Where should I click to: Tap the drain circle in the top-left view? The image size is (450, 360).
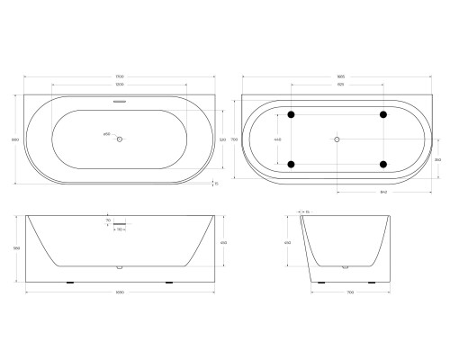120,139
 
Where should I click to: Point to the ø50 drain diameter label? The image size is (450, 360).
107,135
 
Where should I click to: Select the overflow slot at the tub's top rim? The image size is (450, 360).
120,102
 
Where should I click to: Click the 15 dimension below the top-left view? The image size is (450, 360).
216,184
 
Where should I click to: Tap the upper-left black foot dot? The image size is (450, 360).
291,114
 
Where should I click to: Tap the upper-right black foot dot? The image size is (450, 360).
384,114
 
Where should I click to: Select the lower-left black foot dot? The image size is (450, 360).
291,164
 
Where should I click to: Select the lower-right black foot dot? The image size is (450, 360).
384,164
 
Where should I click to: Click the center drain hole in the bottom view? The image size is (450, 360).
337,139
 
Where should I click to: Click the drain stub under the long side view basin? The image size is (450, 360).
120,267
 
